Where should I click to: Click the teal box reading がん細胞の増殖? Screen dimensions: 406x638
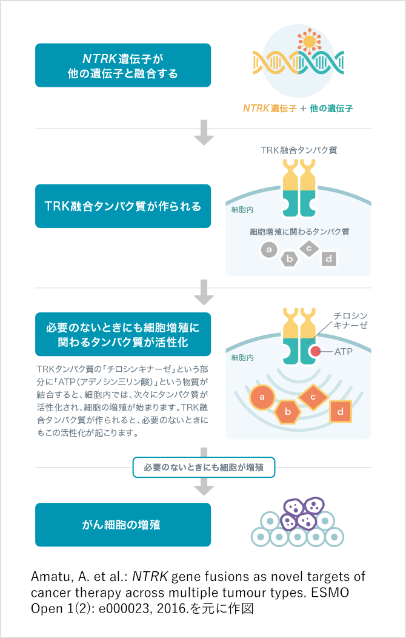(x=123, y=525)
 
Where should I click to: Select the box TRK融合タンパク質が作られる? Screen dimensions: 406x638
(x=123, y=206)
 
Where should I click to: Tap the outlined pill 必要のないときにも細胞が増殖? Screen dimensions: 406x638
(x=204, y=468)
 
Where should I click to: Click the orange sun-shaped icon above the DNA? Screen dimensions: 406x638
(x=309, y=41)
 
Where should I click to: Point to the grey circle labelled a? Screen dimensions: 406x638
(x=268, y=249)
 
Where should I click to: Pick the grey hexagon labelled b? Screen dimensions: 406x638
(x=290, y=259)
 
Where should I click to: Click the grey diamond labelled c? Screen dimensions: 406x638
(x=309, y=249)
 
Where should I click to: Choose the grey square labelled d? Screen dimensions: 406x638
(x=329, y=259)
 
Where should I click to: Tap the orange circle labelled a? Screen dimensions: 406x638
(x=262, y=397)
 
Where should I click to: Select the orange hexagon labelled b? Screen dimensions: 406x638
(x=288, y=412)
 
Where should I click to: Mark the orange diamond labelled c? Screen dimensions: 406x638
(x=313, y=397)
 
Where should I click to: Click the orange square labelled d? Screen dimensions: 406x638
(x=340, y=411)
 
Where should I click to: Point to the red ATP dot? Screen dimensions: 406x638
(x=315, y=351)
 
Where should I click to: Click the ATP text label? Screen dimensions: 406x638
(x=344, y=352)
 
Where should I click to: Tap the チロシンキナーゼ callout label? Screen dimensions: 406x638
(x=350, y=320)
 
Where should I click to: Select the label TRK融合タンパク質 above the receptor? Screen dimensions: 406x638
(x=299, y=150)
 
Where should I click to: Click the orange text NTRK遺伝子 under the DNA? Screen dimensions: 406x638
(x=270, y=108)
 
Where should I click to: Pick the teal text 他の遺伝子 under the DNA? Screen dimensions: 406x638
(x=331, y=108)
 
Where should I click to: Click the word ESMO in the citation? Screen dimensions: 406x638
(x=330, y=593)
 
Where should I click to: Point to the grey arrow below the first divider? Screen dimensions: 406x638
(x=204, y=132)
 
